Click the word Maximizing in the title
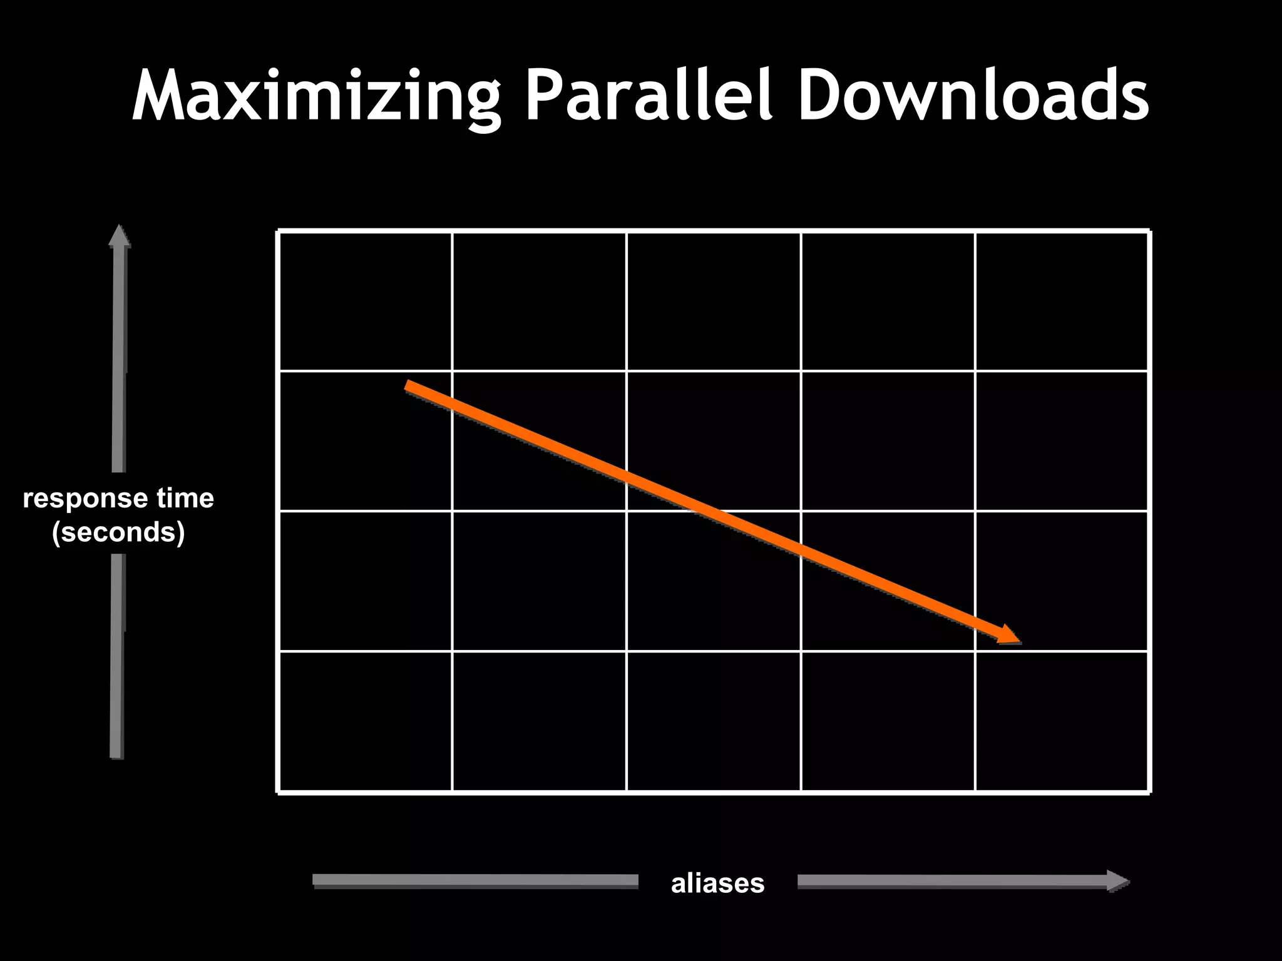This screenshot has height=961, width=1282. coord(316,94)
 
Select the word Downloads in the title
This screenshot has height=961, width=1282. coord(973,94)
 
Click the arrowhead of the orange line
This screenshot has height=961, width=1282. coord(1009,635)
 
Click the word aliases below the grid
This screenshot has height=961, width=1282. coord(717,883)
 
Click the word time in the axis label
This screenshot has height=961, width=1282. coord(185,499)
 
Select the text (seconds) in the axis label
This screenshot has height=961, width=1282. coord(118,532)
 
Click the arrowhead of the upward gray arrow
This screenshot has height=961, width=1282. coord(119,235)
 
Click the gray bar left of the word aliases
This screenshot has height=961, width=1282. coord(476,881)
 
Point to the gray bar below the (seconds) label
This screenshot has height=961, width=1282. coord(118,657)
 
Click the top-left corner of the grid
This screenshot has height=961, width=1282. coord(279,231)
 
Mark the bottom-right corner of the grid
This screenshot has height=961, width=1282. coord(1149,793)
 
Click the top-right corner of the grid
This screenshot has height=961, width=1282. coord(1149,231)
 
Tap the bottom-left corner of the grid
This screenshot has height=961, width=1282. coord(279,793)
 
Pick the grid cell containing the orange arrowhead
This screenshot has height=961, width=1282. coord(1062,581)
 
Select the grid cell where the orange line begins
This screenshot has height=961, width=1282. coord(366,441)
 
